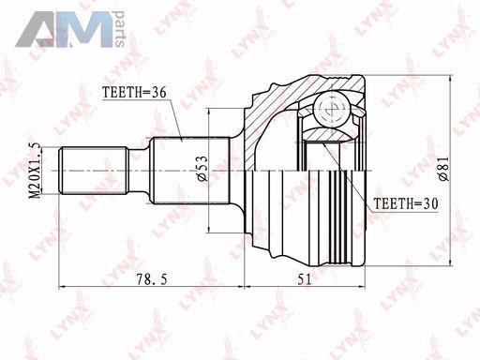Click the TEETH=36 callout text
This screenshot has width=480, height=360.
(x=134, y=93)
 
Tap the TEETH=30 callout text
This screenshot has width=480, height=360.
(x=406, y=203)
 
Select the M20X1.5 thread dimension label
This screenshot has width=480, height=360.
(x=35, y=171)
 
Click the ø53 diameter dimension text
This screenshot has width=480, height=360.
(x=202, y=169)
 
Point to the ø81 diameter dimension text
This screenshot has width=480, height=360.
(x=443, y=169)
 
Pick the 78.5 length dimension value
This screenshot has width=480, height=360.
(x=152, y=279)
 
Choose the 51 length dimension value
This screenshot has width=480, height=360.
(x=305, y=279)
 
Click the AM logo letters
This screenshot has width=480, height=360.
(x=64, y=29)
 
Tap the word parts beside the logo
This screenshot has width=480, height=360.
(x=119, y=29)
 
